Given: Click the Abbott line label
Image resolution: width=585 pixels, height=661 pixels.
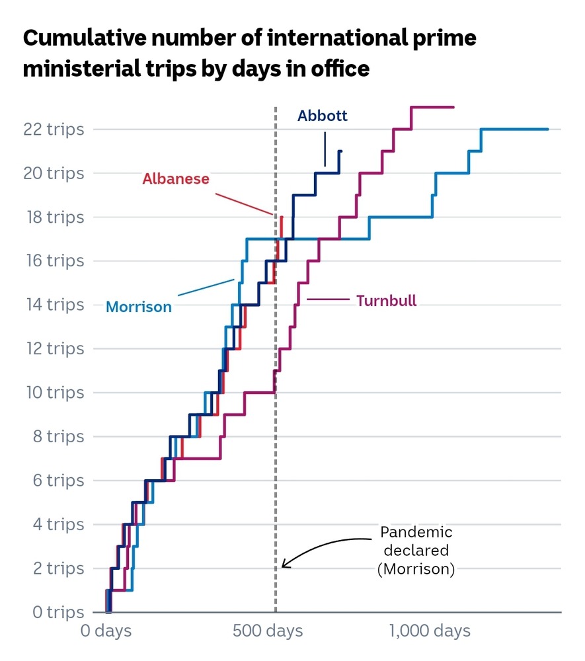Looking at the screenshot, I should coord(323,116).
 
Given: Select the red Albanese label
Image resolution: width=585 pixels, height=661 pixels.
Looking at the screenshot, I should coord(176,178).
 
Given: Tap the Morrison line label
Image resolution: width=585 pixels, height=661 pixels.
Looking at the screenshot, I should coord(139,307).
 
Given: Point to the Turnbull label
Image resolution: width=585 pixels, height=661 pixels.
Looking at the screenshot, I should coord(387,301).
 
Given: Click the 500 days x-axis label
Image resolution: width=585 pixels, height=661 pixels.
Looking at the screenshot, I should coord(268,631).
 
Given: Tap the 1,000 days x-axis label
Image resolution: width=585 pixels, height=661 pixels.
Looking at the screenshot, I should coord(430,631).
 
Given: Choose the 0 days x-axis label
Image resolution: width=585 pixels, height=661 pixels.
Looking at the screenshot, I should coord(106,631).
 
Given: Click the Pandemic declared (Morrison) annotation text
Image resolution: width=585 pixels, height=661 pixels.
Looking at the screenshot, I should coord(416,551).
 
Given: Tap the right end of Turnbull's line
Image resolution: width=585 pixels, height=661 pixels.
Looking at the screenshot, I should coord(453,107).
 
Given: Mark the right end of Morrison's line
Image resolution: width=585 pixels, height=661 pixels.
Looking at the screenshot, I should coord(548,129).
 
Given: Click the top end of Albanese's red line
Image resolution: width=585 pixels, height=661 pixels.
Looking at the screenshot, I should coord(282,217).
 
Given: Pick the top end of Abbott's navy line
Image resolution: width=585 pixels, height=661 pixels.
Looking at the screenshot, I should coord(340,151).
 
